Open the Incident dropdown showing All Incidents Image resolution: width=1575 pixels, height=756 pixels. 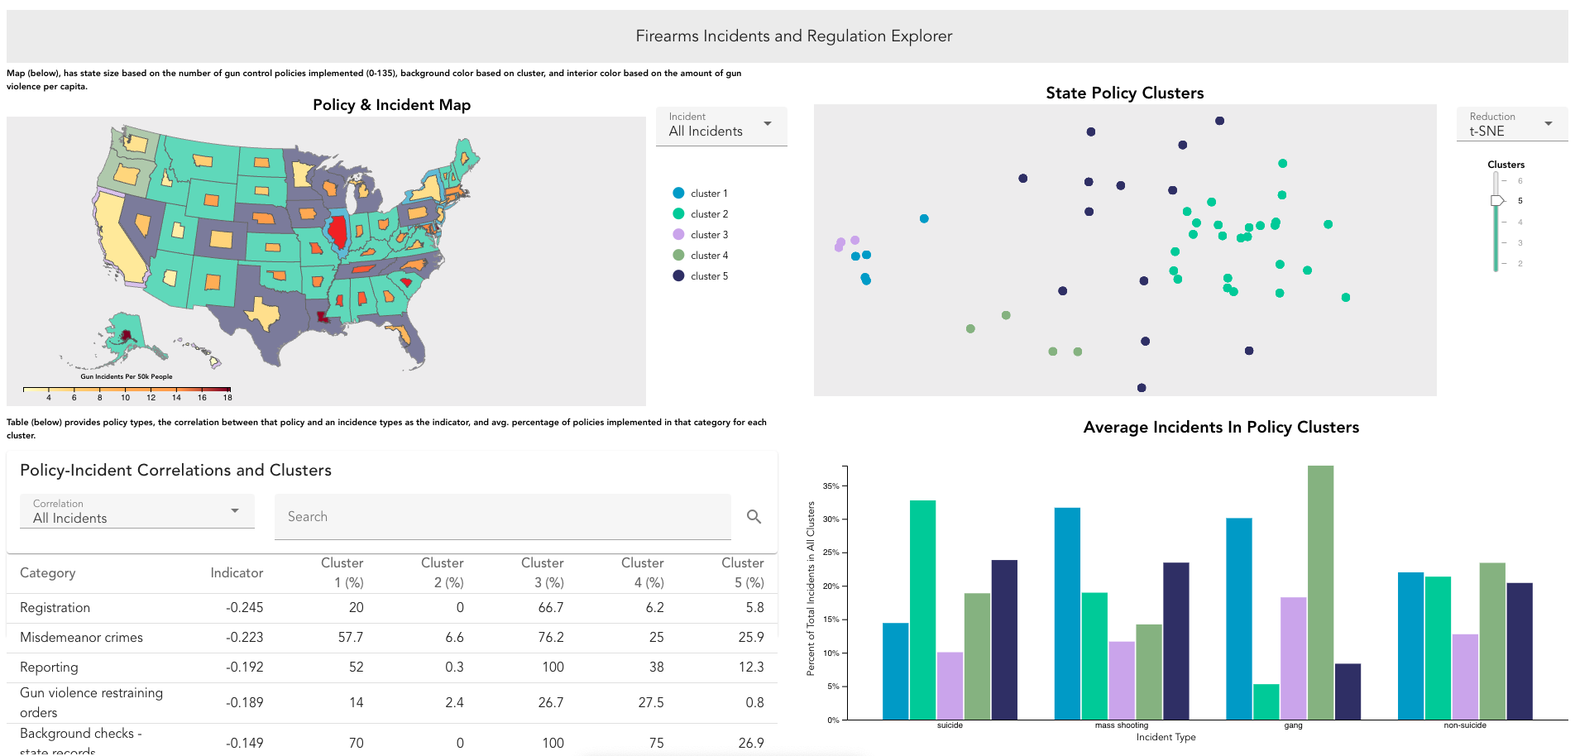click(x=720, y=126)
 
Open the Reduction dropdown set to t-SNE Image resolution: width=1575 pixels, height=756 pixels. click(x=1511, y=126)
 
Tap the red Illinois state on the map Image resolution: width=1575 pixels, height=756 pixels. click(x=337, y=232)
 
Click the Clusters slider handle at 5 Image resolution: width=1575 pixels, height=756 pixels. click(x=1497, y=201)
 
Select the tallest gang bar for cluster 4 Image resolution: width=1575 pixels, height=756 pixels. click(x=1320, y=592)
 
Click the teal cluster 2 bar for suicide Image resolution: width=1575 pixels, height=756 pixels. click(x=922, y=610)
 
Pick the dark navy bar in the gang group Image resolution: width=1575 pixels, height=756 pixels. click(x=1348, y=691)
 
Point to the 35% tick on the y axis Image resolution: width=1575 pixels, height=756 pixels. click(x=831, y=486)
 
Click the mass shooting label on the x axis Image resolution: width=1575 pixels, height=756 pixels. click(x=1121, y=725)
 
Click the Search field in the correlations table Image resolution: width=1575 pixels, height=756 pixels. click(x=502, y=517)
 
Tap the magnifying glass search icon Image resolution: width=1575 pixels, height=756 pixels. click(x=754, y=517)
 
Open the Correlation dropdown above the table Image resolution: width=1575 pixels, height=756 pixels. click(x=136, y=512)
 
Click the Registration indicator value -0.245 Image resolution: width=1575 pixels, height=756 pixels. click(x=244, y=608)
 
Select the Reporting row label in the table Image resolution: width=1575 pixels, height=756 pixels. click(x=49, y=667)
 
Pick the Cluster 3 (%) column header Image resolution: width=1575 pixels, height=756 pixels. click(x=542, y=572)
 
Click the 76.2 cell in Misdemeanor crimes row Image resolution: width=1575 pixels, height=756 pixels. click(x=550, y=638)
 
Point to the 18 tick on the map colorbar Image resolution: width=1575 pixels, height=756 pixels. click(x=227, y=397)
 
